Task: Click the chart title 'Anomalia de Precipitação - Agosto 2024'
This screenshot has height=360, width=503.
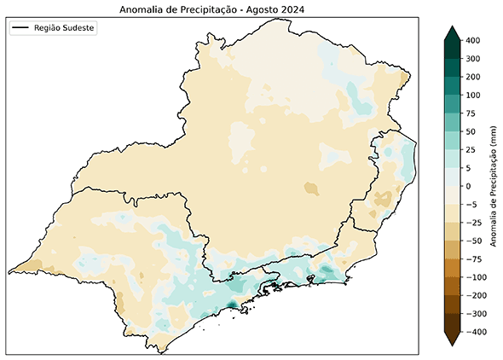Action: point(212,9)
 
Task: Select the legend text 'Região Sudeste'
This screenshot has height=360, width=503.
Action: point(65,28)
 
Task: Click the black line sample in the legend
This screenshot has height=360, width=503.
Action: point(21,28)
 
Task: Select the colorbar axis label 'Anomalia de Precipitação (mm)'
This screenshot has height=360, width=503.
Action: point(494,186)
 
